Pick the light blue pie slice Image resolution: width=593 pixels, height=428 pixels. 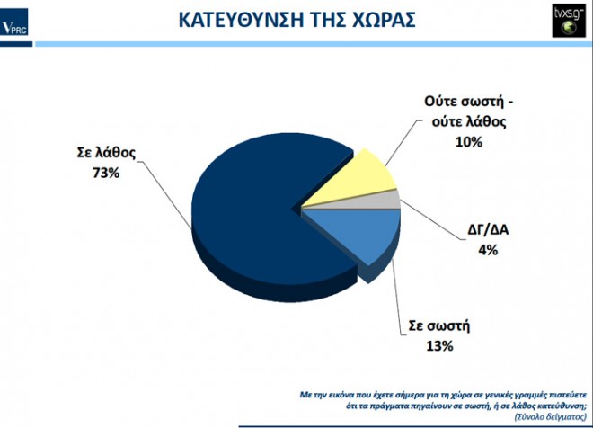tap(363, 231)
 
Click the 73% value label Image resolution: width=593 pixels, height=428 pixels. tap(106, 173)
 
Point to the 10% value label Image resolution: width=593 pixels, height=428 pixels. tap(469, 142)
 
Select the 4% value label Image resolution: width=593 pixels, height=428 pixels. tap(488, 250)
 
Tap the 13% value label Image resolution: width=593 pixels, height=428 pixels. tap(439, 346)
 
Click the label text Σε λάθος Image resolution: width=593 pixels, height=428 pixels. tap(106, 153)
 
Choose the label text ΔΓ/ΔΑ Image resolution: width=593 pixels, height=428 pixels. tap(488, 229)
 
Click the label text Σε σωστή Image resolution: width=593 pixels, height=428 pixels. tap(439, 325)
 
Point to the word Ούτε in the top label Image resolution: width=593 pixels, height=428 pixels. tap(440, 102)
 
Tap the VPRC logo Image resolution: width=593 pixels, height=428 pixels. tap(14, 22)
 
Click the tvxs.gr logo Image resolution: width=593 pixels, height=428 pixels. tap(569, 21)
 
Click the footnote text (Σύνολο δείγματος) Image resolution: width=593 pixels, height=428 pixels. tap(550, 416)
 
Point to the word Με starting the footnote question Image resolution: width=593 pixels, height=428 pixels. tap(305, 395)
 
